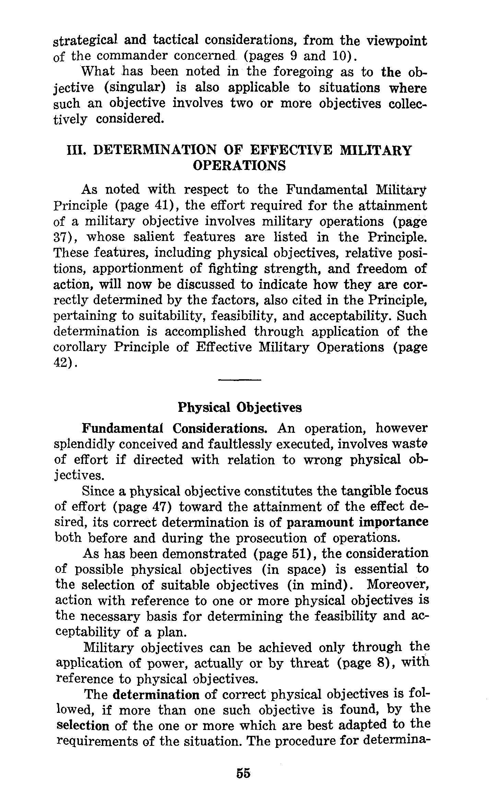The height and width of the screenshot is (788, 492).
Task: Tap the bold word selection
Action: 82,726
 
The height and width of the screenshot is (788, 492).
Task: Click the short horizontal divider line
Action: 239,380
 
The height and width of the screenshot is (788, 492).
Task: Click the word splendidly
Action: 85,444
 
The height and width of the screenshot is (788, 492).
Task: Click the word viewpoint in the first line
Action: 397,41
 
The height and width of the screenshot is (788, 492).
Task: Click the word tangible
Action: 363,491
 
